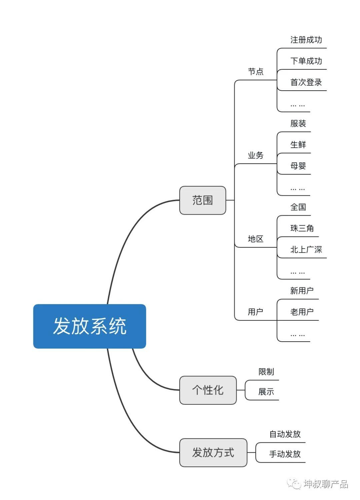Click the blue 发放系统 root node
tap(89, 326)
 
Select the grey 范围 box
tap(202, 200)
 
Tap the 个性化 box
tap(208, 390)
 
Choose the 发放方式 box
tap(213, 452)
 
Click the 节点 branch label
tap(256, 72)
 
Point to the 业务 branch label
tap(256, 155)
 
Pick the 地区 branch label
tap(256, 239)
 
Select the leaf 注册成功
tap(306, 40)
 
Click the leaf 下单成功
tap(306, 61)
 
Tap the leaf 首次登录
tap(306, 82)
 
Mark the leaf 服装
tap(298, 124)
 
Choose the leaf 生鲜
tap(298, 145)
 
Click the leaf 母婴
tap(298, 166)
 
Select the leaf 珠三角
tap(302, 228)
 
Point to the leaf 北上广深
tap(306, 250)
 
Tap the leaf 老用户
tap(302, 312)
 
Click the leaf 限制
tap(266, 372)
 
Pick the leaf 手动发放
tap(285, 454)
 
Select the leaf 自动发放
tap(285, 434)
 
